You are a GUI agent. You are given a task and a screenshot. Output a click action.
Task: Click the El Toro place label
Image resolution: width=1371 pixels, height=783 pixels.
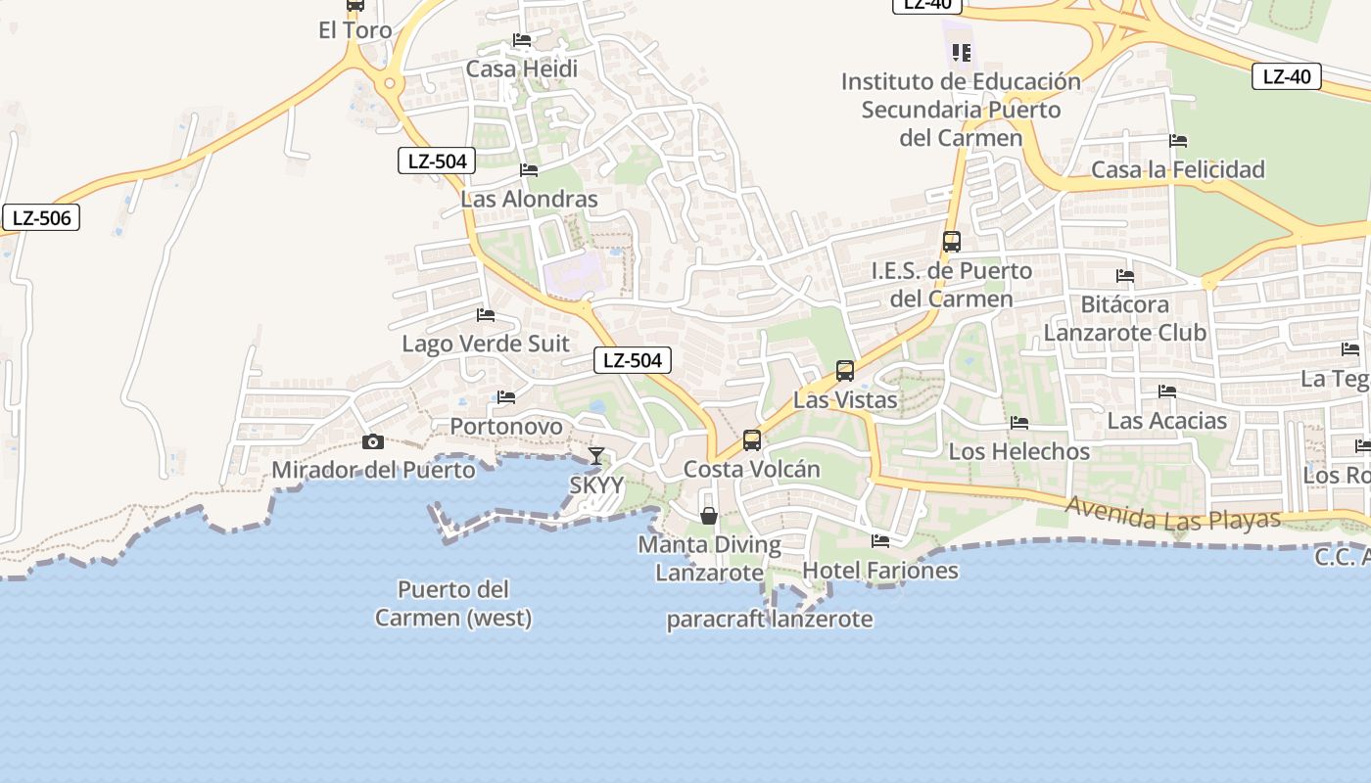355,30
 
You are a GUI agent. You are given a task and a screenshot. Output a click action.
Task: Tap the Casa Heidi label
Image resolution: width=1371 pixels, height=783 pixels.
521,69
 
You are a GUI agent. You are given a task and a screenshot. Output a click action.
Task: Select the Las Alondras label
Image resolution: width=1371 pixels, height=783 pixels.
529,200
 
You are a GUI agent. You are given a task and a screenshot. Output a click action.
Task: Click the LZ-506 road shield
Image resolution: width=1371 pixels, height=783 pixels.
41,217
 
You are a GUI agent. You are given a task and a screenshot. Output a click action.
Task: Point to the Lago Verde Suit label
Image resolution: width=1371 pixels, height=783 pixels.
486,345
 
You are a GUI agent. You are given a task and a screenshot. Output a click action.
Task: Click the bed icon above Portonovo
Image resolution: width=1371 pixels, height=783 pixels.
506,397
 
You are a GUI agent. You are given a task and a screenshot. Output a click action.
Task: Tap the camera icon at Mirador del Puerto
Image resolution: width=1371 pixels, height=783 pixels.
372,442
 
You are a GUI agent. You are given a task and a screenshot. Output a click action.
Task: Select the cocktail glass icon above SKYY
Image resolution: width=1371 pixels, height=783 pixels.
595,456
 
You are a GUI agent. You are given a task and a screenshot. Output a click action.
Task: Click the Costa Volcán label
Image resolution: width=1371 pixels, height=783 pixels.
751,470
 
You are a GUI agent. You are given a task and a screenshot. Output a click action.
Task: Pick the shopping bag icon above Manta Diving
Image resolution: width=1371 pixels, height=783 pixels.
709,516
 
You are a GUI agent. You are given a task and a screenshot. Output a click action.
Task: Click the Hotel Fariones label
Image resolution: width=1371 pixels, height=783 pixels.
880,571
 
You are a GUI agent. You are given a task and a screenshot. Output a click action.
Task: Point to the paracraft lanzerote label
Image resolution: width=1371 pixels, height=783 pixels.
770,620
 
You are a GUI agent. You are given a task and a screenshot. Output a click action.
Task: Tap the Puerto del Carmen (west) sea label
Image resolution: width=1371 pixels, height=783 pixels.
453,604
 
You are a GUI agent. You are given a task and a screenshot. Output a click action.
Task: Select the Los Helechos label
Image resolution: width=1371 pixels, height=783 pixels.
1019,452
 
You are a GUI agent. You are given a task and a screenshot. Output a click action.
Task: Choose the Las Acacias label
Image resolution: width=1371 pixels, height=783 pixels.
1166,422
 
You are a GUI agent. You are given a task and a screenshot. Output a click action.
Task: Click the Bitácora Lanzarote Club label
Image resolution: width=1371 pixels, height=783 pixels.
1124,319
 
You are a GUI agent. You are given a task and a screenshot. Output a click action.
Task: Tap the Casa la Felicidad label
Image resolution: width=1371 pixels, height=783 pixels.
1178,170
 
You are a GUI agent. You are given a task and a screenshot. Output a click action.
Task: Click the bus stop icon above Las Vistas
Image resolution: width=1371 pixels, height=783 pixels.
845,371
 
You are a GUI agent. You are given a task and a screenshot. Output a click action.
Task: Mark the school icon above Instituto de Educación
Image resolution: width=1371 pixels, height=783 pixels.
961,52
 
